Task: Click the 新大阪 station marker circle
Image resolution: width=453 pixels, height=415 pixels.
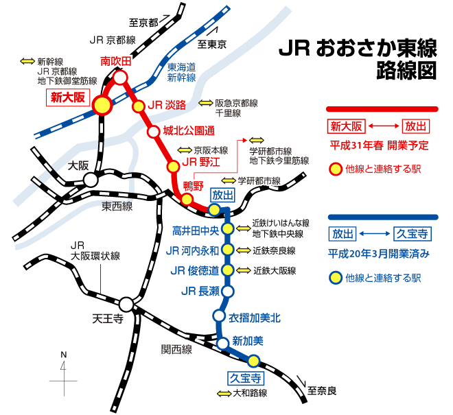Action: coord(103,105)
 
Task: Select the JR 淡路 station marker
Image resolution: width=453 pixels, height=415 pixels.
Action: coord(137,106)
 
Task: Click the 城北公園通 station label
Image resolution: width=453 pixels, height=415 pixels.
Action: coord(190,130)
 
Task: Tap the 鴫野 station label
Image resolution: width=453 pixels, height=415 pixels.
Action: coord(194,186)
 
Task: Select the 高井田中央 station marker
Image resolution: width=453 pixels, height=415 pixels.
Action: coord(228,229)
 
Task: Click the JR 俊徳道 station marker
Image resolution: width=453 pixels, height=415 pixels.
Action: coord(228,270)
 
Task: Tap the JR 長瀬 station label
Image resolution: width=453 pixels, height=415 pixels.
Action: coord(200,292)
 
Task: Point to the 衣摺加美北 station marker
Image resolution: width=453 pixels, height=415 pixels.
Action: coord(219,316)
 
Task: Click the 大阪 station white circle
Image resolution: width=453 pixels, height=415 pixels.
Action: coord(90,180)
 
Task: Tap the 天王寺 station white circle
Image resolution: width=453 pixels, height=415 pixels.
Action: coord(126,304)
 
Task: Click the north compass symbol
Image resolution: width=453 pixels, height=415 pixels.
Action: coord(64,371)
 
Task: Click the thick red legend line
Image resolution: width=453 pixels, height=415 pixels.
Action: coord(381,108)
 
